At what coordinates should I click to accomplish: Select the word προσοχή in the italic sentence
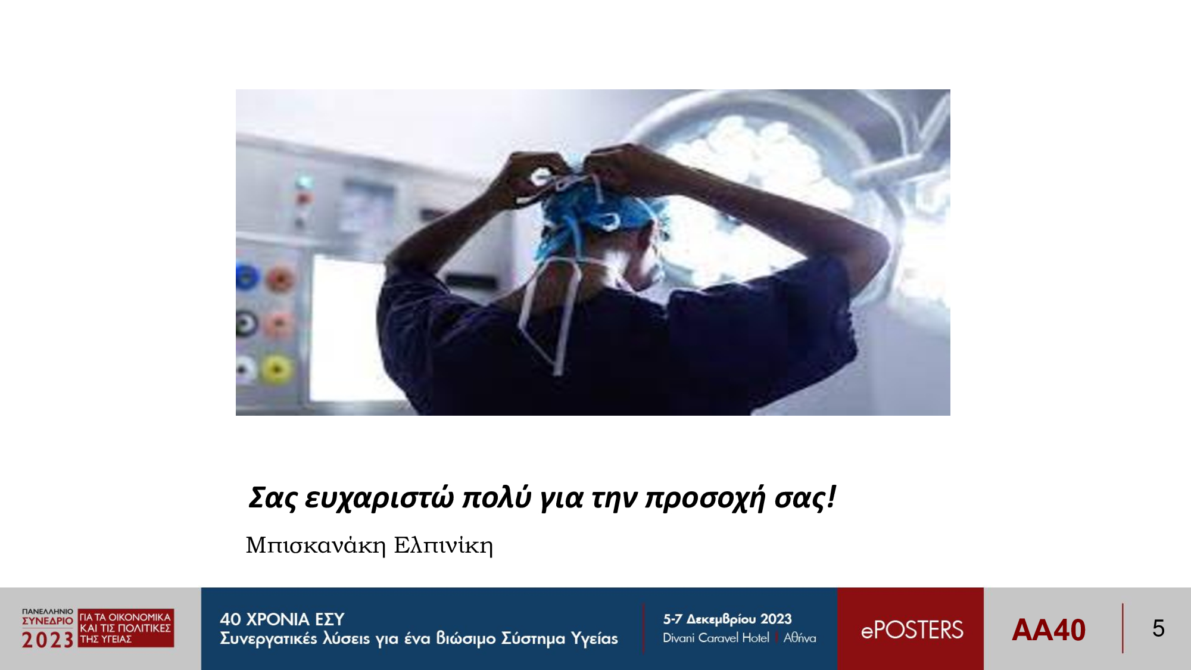(x=705, y=498)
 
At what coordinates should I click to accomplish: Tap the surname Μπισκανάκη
(x=316, y=545)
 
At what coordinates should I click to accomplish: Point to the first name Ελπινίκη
(x=444, y=545)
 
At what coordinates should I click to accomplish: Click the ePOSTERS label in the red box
(x=912, y=630)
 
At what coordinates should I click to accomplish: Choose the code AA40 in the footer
(x=1049, y=630)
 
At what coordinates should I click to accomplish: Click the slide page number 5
(x=1158, y=628)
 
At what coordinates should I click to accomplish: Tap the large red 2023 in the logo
(x=48, y=640)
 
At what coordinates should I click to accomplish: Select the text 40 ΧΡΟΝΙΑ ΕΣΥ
(x=282, y=619)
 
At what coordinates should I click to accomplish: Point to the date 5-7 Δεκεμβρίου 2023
(x=727, y=619)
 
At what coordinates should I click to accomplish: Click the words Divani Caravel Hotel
(x=716, y=638)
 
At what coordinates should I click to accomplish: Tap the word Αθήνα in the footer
(x=800, y=638)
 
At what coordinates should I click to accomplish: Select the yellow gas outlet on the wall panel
(x=276, y=368)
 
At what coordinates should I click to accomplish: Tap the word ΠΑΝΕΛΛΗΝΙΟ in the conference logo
(x=48, y=612)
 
